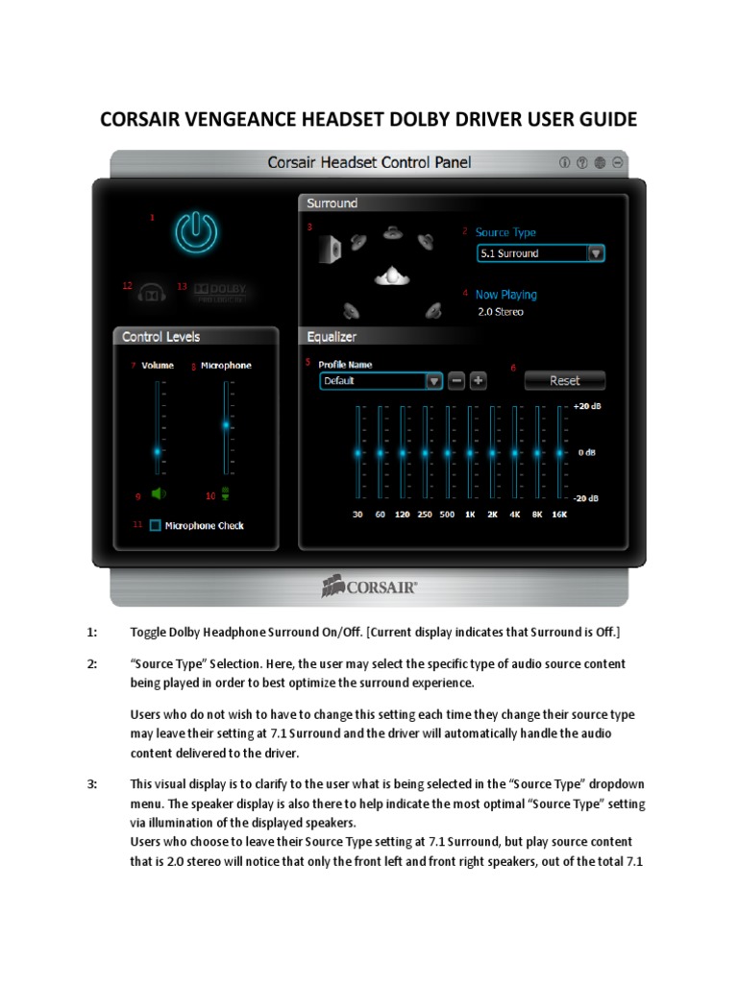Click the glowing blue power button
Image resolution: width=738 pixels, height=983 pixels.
(x=195, y=232)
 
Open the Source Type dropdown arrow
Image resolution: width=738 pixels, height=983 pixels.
(x=596, y=253)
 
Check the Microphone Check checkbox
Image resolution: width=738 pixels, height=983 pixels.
(x=155, y=525)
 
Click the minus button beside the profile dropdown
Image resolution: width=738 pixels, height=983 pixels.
(x=456, y=380)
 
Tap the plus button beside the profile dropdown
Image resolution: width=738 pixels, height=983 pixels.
(x=479, y=380)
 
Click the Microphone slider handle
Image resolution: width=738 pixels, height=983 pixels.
(x=227, y=423)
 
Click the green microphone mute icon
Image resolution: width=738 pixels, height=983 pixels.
(x=226, y=494)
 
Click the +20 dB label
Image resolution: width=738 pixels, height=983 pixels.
(x=586, y=407)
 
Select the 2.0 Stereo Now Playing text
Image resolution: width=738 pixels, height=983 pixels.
(x=501, y=312)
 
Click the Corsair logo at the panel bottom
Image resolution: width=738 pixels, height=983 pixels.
(x=370, y=587)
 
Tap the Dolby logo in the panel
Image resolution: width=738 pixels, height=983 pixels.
(x=220, y=291)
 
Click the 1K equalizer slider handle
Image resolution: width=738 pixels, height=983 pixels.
(x=470, y=452)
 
